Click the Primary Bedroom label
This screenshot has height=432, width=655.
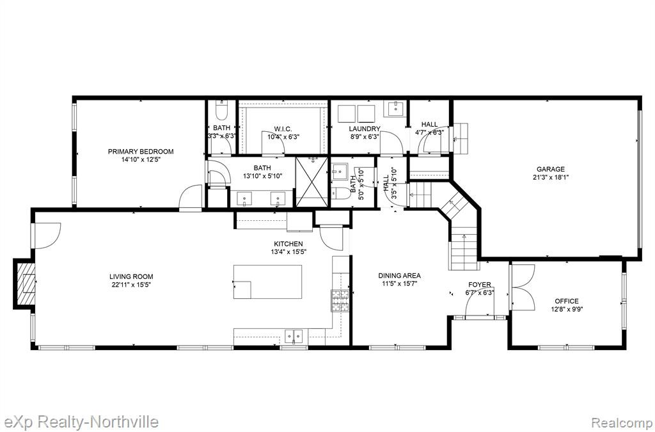[x=141, y=151]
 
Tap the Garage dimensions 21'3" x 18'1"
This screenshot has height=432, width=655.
[x=551, y=177]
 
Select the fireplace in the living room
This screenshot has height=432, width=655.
[x=24, y=284]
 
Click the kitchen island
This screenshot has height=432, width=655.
[x=267, y=282]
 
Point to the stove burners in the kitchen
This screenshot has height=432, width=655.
[x=340, y=301]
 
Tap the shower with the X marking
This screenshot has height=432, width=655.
[x=312, y=182]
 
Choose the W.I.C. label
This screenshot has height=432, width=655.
[x=283, y=128]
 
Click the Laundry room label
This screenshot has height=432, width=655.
[x=365, y=129]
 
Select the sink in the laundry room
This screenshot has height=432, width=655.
[x=394, y=109]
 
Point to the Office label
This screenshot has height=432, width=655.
[x=567, y=301]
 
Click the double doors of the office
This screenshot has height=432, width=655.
[x=522, y=287]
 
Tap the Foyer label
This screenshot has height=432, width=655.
[x=480, y=285]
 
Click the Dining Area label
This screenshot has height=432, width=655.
[x=399, y=275]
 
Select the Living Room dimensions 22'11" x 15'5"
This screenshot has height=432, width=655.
[x=131, y=285]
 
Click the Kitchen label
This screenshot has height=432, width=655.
[x=288, y=244]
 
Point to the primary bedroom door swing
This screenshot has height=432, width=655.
[x=191, y=196]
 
